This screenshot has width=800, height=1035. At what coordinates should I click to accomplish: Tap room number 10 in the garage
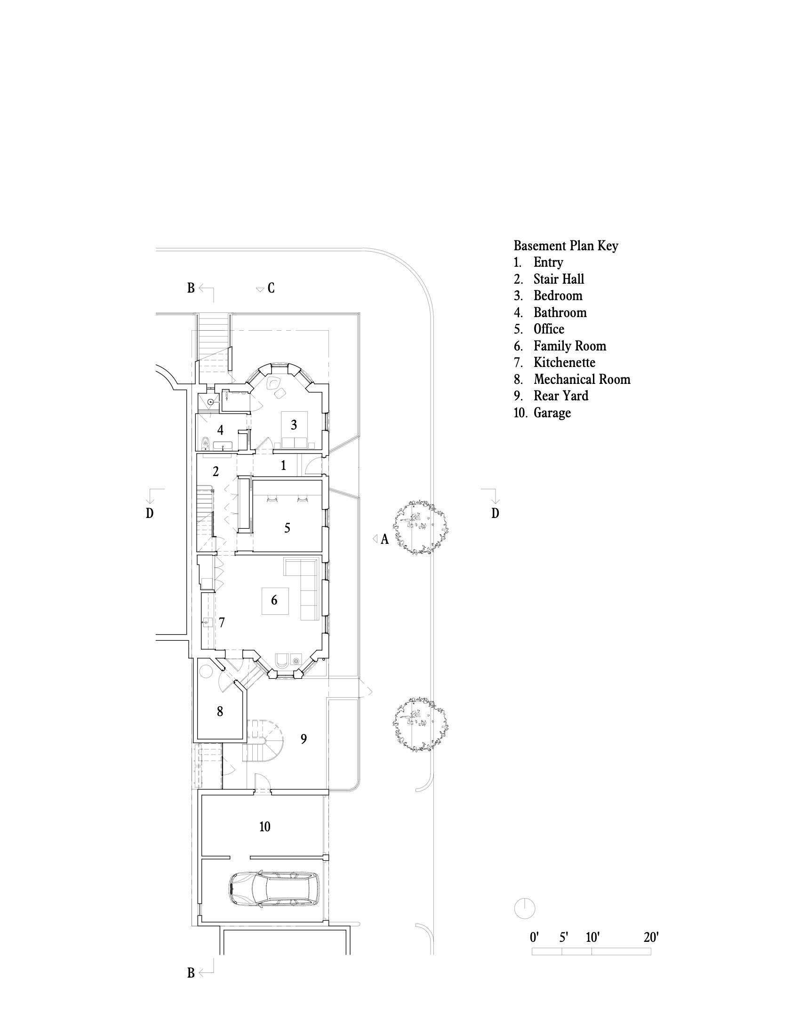click(264, 827)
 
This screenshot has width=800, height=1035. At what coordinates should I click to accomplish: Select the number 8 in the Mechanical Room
click(220, 711)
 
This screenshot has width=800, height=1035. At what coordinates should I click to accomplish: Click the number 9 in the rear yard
click(304, 739)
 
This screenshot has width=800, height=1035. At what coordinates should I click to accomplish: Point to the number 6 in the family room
click(274, 600)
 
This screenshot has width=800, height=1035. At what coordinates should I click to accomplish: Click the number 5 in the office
click(287, 528)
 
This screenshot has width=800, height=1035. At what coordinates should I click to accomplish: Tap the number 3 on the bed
click(294, 425)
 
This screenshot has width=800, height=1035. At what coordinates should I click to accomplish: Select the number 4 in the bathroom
click(220, 430)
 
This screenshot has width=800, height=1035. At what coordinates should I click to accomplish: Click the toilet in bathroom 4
click(205, 443)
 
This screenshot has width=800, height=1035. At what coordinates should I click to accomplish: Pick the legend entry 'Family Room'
click(570, 346)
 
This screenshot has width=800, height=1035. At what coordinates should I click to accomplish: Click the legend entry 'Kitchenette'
click(564, 363)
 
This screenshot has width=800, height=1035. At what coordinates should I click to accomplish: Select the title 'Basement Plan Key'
click(566, 246)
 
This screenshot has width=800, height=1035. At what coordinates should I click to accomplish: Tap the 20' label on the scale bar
click(651, 937)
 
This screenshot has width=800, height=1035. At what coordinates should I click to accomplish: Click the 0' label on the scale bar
click(534, 937)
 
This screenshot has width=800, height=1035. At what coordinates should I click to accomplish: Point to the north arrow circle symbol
click(525, 908)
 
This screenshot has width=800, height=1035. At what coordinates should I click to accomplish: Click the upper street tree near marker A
click(420, 527)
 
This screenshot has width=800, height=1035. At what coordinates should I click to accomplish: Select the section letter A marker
click(384, 539)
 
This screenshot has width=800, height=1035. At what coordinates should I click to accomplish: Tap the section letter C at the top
click(271, 288)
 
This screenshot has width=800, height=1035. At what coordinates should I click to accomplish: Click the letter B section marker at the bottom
click(191, 973)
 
